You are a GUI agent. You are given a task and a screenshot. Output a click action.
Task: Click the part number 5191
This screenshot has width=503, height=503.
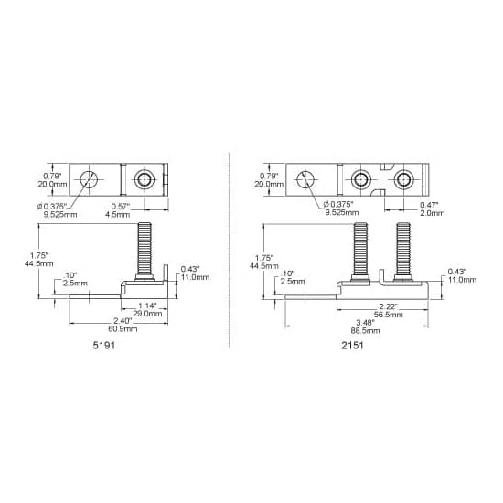(x=103, y=346)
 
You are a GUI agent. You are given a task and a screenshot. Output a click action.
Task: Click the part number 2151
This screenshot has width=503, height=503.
(x=352, y=346)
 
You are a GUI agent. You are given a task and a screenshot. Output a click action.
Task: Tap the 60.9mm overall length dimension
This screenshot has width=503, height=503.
(x=123, y=329)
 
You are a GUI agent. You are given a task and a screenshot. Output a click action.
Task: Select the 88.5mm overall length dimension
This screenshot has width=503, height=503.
(x=365, y=331)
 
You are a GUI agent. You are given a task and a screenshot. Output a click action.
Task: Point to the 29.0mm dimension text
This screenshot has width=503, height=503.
(x=147, y=314)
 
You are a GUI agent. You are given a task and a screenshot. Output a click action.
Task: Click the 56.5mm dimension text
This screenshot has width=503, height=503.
(x=388, y=315)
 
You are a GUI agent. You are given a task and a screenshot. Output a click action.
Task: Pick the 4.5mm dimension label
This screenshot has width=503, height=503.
(x=118, y=214)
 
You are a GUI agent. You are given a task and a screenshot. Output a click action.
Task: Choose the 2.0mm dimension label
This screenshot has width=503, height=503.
(x=433, y=213)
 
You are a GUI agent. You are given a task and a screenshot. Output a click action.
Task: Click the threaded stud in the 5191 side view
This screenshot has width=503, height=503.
(x=144, y=251)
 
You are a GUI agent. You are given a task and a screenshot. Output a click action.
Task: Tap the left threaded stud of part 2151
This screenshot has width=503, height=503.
(x=360, y=251)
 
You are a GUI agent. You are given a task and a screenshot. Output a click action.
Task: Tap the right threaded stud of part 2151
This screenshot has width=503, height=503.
(x=403, y=251)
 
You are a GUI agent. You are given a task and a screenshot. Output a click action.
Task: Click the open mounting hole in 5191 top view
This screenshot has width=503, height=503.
(x=89, y=179)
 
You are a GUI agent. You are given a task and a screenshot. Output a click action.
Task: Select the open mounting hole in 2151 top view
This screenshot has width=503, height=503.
(x=305, y=179)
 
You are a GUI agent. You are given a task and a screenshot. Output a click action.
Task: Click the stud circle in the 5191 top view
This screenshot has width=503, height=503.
(x=144, y=179)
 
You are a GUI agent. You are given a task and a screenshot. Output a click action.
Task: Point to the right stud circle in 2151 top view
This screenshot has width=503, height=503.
(x=403, y=179)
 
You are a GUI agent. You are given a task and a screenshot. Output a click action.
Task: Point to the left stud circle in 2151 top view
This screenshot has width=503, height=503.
(x=361, y=179)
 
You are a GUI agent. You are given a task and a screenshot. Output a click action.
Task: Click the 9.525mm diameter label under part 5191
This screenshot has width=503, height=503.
(x=60, y=215)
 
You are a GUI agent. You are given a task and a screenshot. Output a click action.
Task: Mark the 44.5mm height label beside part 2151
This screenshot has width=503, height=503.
(x=264, y=266)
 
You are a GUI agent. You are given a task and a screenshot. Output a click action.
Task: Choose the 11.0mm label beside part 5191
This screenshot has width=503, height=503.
(x=196, y=277)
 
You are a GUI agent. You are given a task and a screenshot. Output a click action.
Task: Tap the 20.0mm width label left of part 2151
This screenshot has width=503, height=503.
(x=269, y=184)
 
